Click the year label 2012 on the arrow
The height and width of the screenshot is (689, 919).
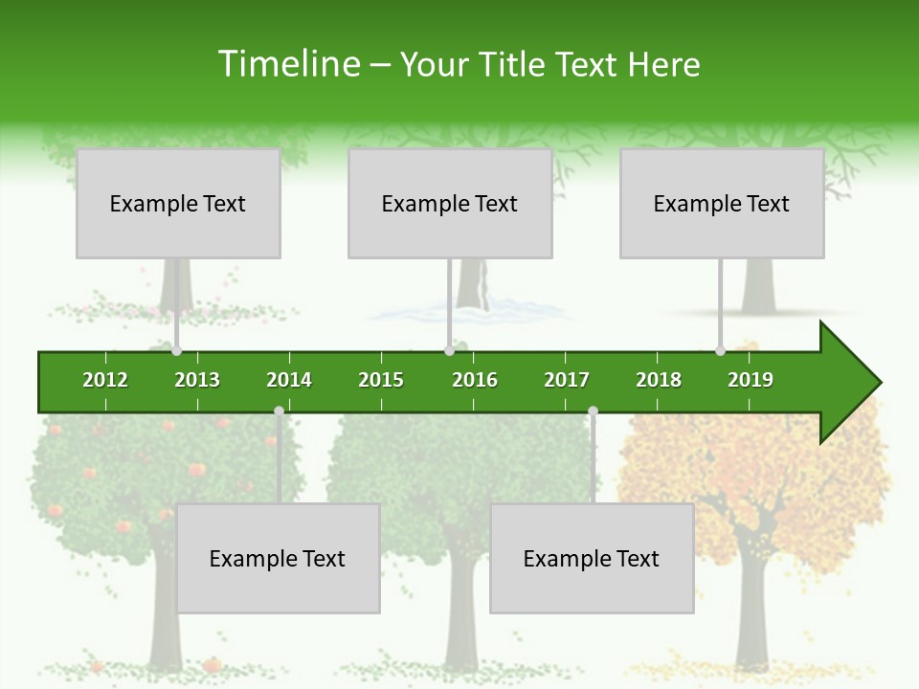point(105,380)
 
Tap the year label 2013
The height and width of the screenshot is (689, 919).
point(197,380)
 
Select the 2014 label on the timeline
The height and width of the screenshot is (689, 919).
point(289,380)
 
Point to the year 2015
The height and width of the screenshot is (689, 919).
point(381,380)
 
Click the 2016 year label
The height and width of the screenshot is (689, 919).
point(475,380)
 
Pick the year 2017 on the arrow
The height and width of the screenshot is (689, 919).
point(567,380)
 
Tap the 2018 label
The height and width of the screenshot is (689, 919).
point(659,380)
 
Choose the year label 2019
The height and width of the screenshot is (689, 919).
point(751,380)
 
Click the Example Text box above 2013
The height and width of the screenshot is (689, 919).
point(178,203)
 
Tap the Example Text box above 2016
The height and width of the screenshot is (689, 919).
point(450,203)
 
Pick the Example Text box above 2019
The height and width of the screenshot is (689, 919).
point(722,203)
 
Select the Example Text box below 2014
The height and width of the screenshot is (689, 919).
point(278,558)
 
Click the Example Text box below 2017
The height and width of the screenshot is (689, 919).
point(592,558)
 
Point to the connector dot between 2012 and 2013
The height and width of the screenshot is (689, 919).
point(177,351)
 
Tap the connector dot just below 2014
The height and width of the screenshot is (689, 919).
point(279,411)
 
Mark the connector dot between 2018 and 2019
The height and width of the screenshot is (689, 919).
point(720,351)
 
